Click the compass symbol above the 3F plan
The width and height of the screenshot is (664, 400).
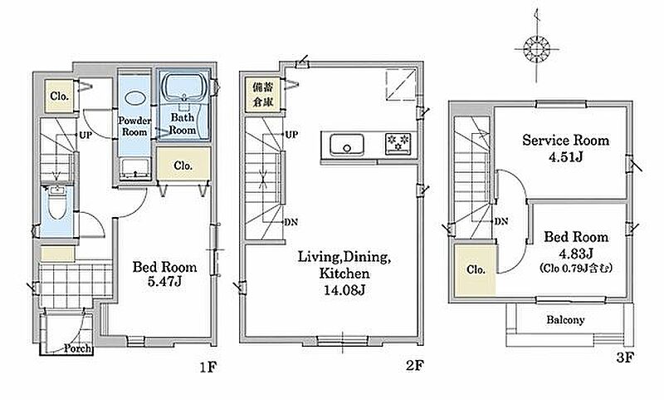(536, 49)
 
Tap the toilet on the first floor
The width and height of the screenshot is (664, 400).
(56, 203)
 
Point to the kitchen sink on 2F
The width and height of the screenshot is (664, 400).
(346, 144)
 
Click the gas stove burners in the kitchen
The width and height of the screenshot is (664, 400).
(398, 143)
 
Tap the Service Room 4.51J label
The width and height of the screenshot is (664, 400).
(566, 148)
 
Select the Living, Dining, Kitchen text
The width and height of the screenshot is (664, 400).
(344, 264)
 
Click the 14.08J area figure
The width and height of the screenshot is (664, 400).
(344, 290)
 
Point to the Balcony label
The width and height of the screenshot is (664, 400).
(565, 320)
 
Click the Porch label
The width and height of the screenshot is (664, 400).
(77, 348)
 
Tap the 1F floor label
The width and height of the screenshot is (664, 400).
(208, 367)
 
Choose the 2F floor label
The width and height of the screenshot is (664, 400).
(415, 365)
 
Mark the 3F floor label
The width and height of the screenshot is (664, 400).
(625, 358)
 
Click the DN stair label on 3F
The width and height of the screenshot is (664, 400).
(501, 221)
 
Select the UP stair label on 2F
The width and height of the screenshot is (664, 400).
(291, 135)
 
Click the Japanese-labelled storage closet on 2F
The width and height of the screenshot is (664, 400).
(263, 95)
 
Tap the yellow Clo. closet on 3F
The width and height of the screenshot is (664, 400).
(475, 270)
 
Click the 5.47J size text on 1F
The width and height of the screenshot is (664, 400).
(164, 282)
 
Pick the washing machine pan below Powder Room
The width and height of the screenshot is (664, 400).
(135, 168)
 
